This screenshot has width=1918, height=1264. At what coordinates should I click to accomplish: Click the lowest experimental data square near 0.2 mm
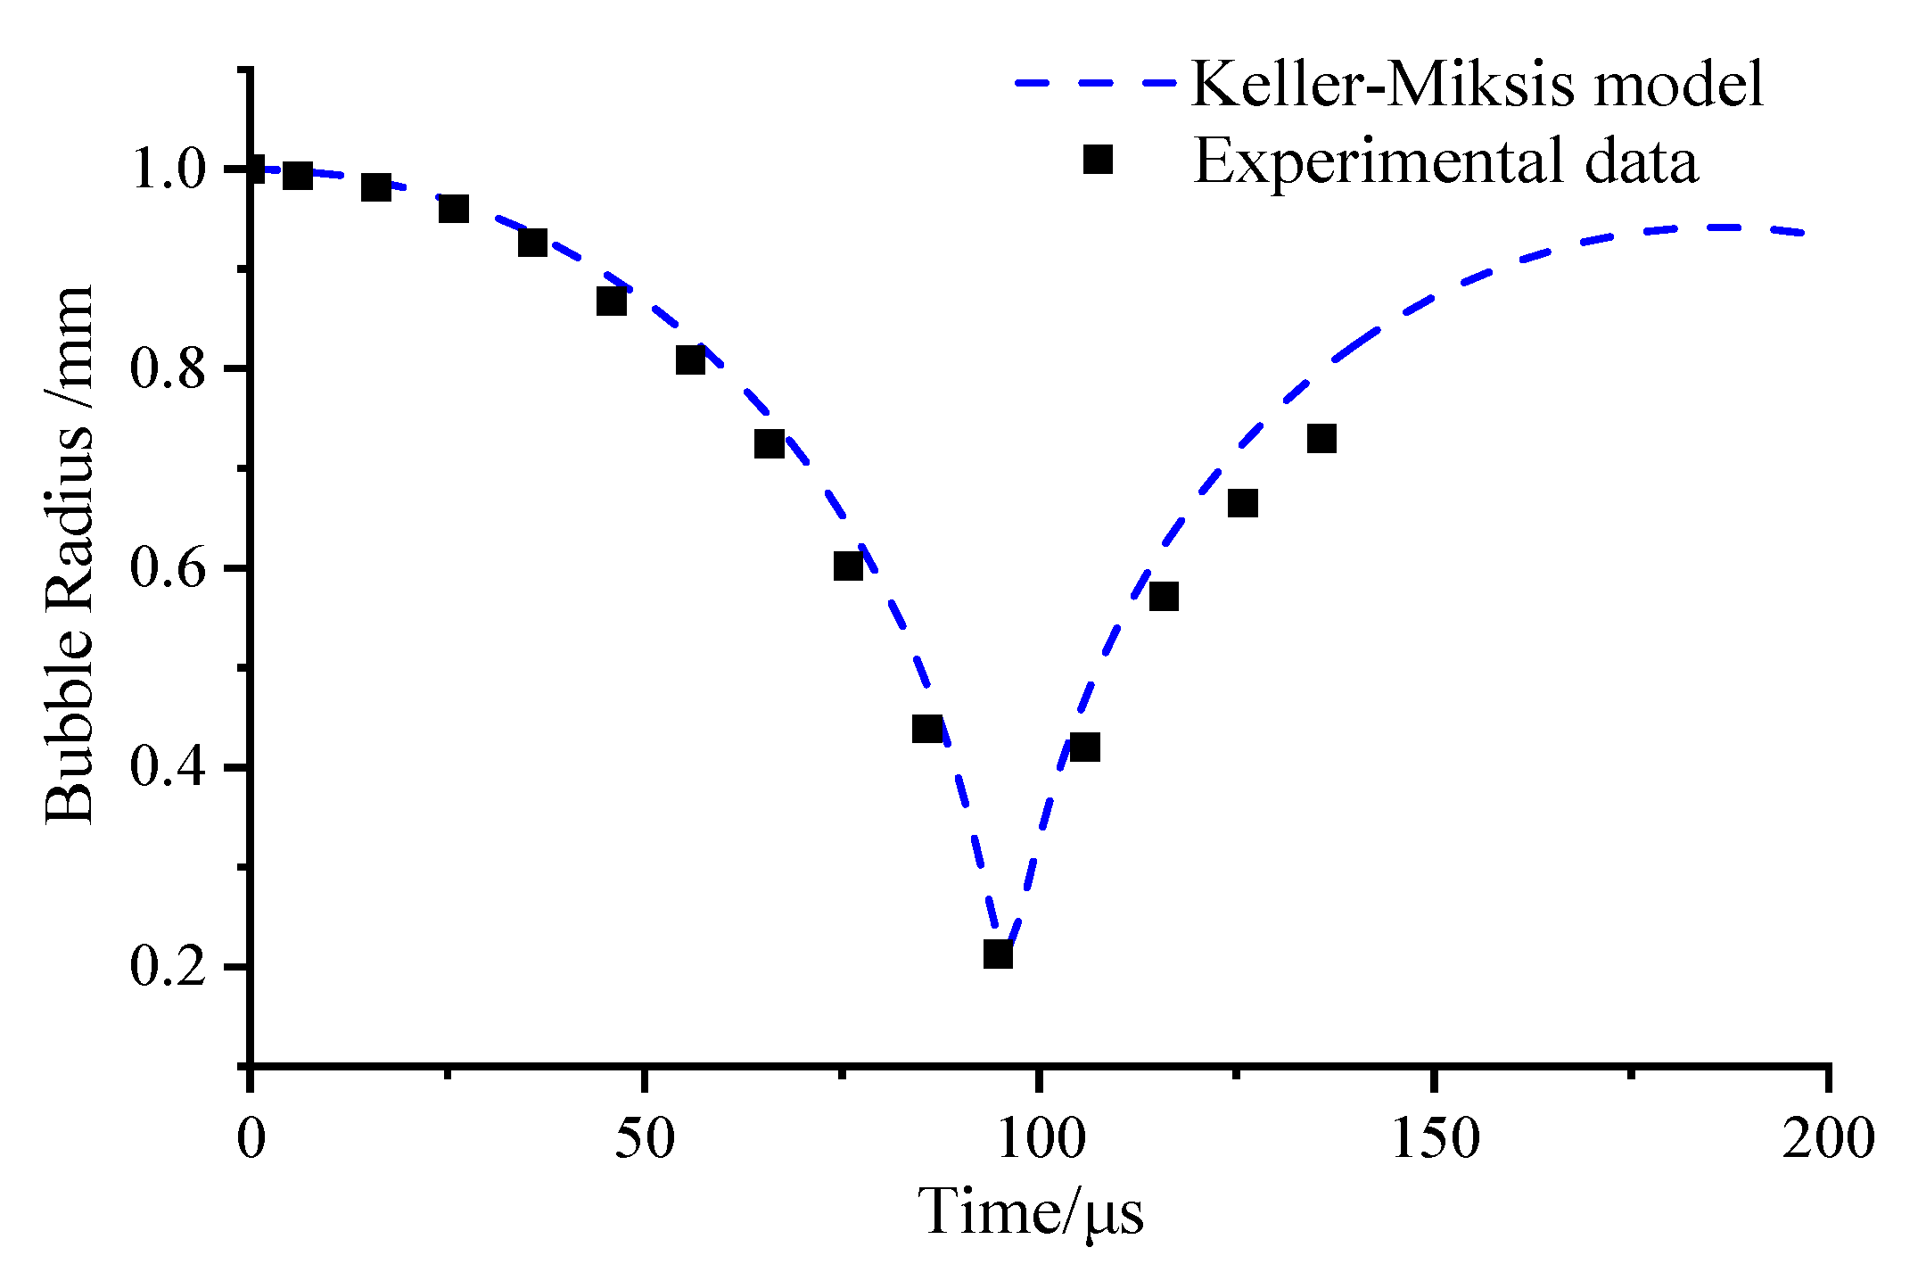(998, 954)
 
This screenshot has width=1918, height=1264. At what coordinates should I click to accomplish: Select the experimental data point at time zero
(252, 168)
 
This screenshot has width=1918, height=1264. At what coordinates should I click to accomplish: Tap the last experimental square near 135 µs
(1321, 439)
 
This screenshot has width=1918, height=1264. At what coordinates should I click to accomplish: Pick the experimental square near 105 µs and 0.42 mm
(1084, 747)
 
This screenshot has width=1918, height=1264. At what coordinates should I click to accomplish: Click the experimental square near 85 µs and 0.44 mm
(927, 729)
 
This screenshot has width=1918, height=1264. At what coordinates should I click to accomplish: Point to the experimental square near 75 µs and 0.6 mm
(848, 566)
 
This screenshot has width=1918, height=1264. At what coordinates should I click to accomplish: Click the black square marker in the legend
(1098, 160)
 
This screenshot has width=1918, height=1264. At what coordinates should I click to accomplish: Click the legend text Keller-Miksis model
(1477, 85)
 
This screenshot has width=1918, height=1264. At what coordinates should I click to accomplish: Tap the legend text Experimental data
(1445, 161)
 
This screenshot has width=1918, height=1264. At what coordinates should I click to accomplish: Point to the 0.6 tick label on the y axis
(169, 567)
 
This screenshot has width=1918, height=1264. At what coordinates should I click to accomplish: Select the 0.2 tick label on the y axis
(169, 966)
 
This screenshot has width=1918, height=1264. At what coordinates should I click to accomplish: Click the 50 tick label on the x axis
(645, 1139)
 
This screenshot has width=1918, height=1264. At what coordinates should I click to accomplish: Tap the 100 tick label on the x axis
(1040, 1139)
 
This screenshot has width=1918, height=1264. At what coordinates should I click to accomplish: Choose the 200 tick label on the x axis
(1827, 1139)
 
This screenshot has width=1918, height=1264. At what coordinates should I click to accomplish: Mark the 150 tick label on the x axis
(1434, 1139)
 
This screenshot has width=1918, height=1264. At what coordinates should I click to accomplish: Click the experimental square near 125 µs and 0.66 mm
(1243, 503)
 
